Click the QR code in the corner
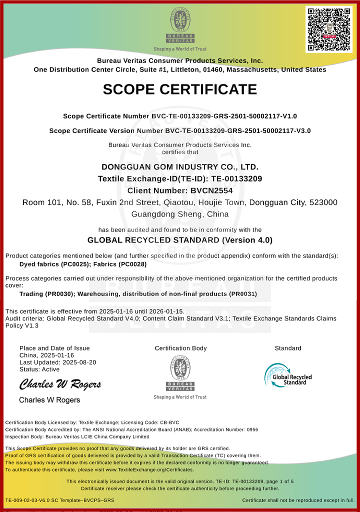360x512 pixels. click(x=328, y=29)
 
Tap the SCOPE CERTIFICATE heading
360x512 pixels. click(x=180, y=89)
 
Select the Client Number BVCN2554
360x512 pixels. click(x=211, y=190)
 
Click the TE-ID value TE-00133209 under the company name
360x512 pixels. click(x=237, y=178)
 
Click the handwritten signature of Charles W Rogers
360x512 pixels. click(x=60, y=384)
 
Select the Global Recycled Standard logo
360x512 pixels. click(x=288, y=375)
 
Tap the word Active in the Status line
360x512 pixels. click(x=50, y=369)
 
